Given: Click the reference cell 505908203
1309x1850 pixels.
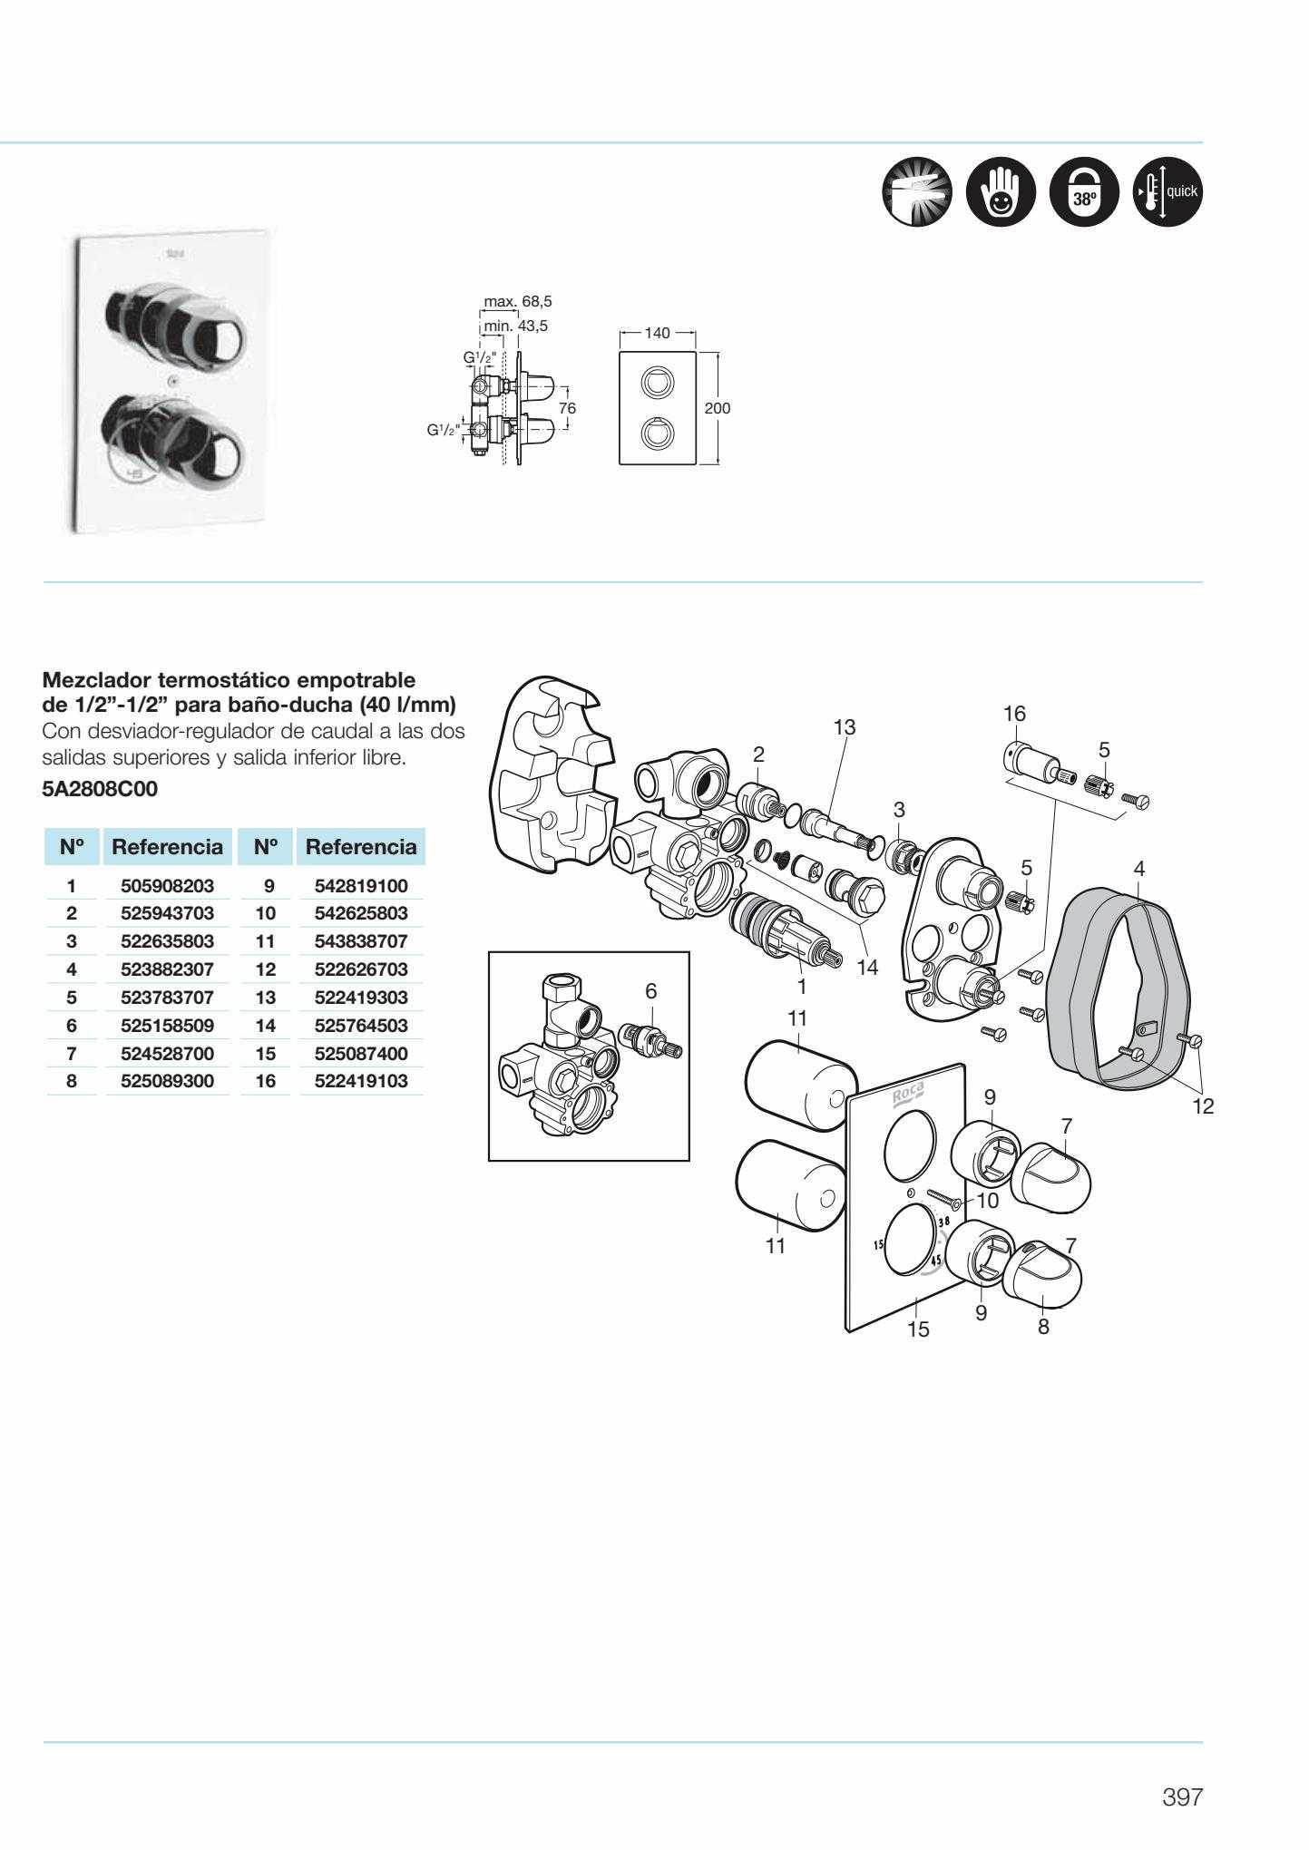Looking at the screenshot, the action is [167, 885].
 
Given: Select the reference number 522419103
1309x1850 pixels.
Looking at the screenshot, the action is [361, 1081].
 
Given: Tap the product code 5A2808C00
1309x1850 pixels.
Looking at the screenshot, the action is [100, 789].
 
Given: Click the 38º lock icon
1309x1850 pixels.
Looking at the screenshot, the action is [1083, 193].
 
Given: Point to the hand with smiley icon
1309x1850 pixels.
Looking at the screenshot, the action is [1000, 193].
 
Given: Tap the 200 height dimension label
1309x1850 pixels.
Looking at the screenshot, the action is [717, 408].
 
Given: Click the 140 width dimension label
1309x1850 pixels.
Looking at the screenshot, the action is [657, 333].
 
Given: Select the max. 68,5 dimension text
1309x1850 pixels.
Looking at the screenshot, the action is [518, 301].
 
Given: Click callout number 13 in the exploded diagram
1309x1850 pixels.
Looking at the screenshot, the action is [845, 726].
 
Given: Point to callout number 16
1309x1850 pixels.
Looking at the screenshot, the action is [1014, 714].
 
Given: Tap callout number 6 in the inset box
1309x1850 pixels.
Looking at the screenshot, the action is [650, 991].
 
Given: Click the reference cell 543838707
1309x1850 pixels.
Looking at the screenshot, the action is [361, 941].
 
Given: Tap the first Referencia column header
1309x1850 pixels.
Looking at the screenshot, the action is [167, 847].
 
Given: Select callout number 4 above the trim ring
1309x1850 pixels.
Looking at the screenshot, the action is [1139, 868].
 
